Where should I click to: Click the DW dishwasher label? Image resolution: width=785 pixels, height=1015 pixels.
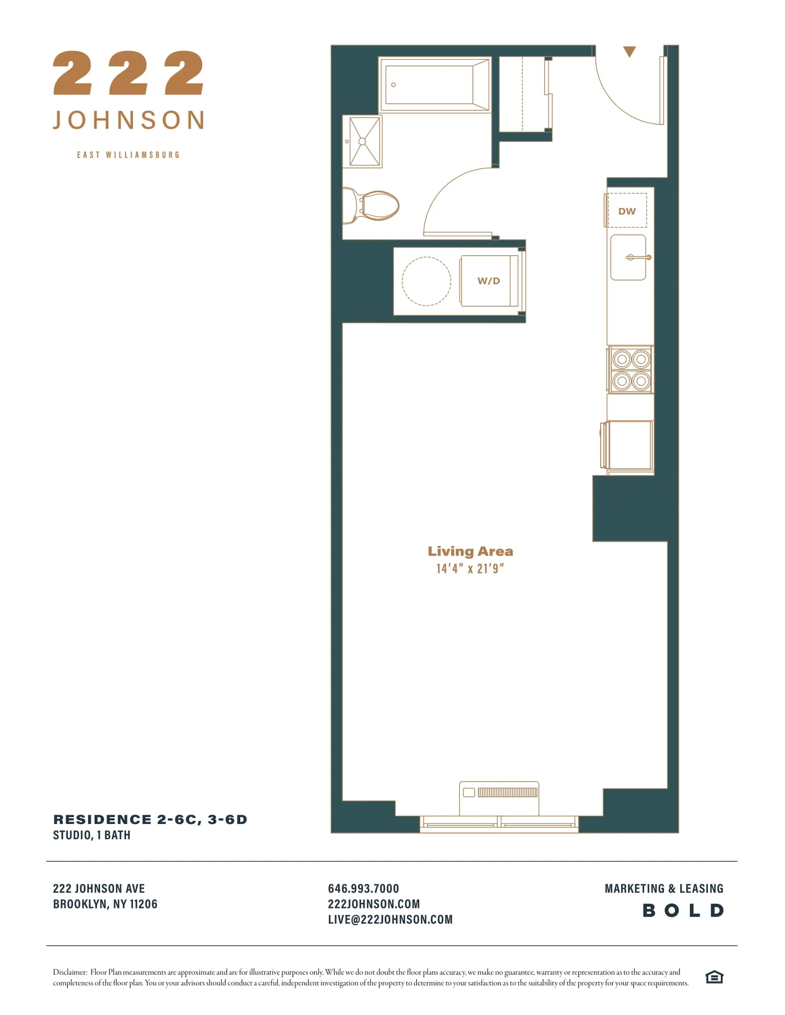click(627, 211)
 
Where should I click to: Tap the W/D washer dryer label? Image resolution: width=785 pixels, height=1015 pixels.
click(488, 281)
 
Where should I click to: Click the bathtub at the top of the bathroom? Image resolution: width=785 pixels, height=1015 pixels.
click(435, 84)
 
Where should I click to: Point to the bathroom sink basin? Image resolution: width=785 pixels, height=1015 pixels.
click(363, 141)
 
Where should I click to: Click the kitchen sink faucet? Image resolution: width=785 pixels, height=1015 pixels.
click(638, 257)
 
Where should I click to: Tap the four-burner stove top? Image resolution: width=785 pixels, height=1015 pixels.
click(631, 370)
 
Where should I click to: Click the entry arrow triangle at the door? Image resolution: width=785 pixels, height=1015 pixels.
click(629, 51)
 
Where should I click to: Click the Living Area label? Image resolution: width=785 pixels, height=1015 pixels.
click(470, 551)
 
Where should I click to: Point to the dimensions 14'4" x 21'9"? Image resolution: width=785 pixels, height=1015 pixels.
click(470, 568)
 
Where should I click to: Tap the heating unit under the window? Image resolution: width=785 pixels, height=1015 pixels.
click(499, 798)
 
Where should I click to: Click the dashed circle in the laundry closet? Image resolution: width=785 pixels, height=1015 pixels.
click(426, 281)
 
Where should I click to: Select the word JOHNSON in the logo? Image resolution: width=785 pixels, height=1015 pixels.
click(128, 120)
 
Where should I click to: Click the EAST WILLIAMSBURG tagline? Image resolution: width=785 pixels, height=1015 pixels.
click(128, 155)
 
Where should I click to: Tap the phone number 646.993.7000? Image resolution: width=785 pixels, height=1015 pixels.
click(363, 888)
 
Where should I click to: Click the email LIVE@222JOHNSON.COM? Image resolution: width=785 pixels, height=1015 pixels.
click(390, 919)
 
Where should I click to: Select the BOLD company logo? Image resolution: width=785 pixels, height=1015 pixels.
click(682, 910)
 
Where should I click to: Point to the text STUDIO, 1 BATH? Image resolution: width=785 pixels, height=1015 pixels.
click(91, 835)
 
